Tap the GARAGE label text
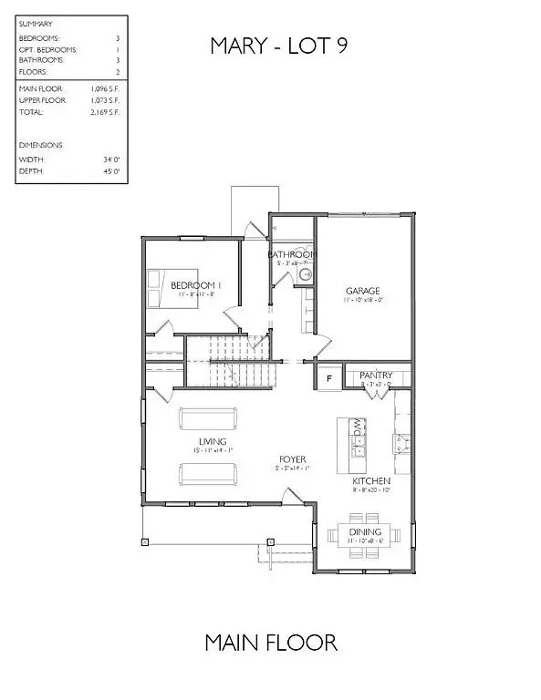click(361, 292)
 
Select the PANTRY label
click(376, 375)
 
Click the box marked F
click(328, 375)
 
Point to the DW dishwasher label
click(359, 428)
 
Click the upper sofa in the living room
click(207, 418)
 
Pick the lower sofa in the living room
click(207, 474)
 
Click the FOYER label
click(292, 459)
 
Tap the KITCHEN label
click(372, 480)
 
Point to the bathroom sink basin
click(307, 274)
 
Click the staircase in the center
click(241, 361)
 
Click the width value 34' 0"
click(112, 159)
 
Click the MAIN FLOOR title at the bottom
click(271, 643)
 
